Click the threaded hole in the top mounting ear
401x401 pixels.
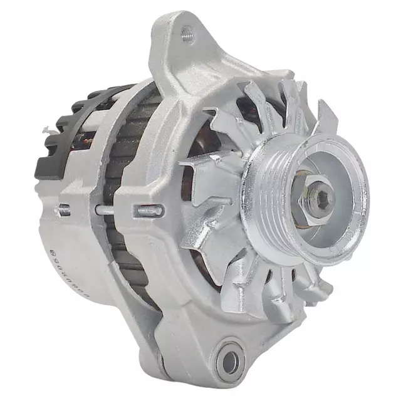coord(186,35)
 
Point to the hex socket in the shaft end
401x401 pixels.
coord(322,199)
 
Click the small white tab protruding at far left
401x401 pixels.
coord(45,130)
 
